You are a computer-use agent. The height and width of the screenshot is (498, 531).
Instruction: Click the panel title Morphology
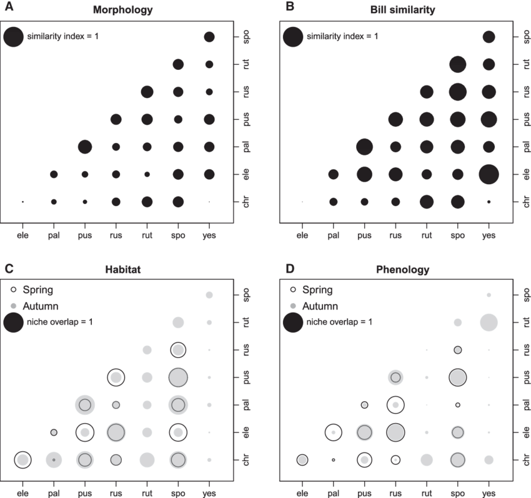122,10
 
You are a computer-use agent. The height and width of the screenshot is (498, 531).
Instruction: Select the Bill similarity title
404,10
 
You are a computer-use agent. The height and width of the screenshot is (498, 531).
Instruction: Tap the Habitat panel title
122,270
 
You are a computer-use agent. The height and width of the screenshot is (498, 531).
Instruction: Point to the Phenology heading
403,270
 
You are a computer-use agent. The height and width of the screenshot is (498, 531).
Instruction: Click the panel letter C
8,269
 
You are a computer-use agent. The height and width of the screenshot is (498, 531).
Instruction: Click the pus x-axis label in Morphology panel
85,235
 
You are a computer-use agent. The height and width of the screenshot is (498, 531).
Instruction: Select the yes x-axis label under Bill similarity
489,235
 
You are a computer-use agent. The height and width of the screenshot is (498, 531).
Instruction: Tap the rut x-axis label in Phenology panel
427,493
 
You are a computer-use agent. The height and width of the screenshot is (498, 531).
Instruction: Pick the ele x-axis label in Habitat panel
23,493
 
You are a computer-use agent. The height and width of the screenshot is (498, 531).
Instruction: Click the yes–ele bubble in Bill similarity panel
489,173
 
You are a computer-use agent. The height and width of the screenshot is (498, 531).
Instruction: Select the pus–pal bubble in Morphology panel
85,147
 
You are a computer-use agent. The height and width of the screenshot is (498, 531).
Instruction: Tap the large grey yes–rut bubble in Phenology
489,322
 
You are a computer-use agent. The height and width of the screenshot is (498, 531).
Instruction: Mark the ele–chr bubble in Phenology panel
302,460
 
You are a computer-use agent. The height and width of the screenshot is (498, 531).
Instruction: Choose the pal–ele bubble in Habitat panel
54,432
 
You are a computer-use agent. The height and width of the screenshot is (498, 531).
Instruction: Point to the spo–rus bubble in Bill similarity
457,92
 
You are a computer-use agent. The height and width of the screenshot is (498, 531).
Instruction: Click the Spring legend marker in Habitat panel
14,290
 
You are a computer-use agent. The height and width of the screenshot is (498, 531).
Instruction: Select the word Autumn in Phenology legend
320,306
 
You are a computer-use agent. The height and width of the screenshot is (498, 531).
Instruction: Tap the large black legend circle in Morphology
13,37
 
